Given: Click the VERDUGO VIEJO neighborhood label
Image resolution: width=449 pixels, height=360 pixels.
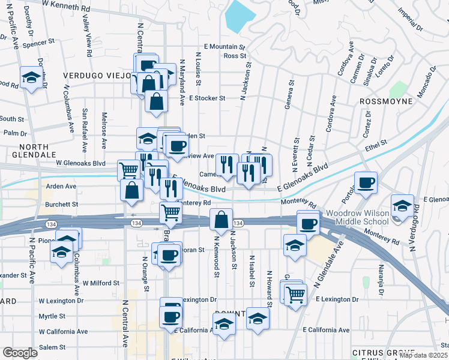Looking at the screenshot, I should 97,76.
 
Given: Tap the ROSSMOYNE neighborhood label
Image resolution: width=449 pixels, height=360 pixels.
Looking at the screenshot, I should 386,101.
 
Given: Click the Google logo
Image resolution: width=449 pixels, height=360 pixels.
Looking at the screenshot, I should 19,353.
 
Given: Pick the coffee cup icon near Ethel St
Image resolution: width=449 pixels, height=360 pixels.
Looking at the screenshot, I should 366,182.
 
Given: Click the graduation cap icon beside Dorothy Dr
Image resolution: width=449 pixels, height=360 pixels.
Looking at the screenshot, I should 31,77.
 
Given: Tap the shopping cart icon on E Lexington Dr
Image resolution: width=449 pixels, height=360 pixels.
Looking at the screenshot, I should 295,294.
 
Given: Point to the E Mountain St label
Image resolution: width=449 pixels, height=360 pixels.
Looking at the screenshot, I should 224,46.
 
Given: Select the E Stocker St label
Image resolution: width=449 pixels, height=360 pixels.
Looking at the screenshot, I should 206,98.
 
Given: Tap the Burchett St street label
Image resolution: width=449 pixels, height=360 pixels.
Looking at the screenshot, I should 62,204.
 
